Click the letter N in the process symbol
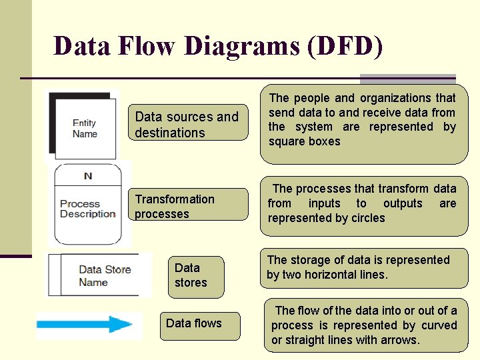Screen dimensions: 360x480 pyautogui.click(x=88, y=176)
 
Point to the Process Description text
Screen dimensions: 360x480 pyautogui.click(x=88, y=209)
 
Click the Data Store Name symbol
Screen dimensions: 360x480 pyautogui.click(x=94, y=275)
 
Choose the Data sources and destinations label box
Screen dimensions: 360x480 pyautogui.click(x=187, y=125)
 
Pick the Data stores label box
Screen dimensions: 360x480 pyautogui.click(x=196, y=275)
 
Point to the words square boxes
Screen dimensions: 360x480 pyautogui.click(x=305, y=141)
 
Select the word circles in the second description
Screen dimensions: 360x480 pyautogui.click(x=368, y=218)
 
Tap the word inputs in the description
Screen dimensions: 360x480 pyautogui.click(x=323, y=203)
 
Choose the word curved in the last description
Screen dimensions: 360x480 pyautogui.click(x=439, y=325)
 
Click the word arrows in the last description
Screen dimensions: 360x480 pyautogui.click(x=399, y=340)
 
